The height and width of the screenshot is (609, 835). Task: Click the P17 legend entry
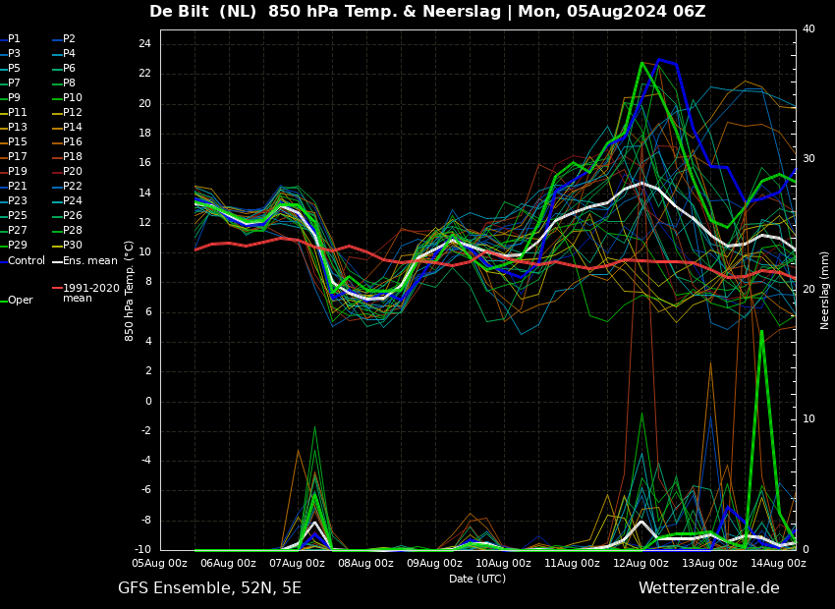point(18,157)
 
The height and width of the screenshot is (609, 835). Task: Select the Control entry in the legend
point(27,261)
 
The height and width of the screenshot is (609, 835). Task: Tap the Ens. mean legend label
point(89,261)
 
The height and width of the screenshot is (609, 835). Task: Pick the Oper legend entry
point(21,301)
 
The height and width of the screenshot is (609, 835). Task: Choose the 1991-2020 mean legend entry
point(90,293)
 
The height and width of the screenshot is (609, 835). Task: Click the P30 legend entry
point(73,246)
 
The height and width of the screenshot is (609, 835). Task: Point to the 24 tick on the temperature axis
point(143,44)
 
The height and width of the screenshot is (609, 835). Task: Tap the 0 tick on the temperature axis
point(147,401)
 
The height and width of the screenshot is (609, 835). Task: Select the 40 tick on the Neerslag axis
point(808,29)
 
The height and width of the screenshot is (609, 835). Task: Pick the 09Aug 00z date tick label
point(434,564)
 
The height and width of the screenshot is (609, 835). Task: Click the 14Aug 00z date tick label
point(778,564)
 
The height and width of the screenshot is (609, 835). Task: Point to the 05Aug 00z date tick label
point(160,564)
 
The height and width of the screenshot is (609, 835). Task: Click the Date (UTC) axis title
point(477,580)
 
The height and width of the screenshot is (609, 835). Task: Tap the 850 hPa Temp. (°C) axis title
point(129,290)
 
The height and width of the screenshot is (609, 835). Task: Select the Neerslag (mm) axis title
point(825,290)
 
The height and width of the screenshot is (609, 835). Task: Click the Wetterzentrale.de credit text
point(708,588)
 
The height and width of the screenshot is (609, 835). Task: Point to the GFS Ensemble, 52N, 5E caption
point(209,588)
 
